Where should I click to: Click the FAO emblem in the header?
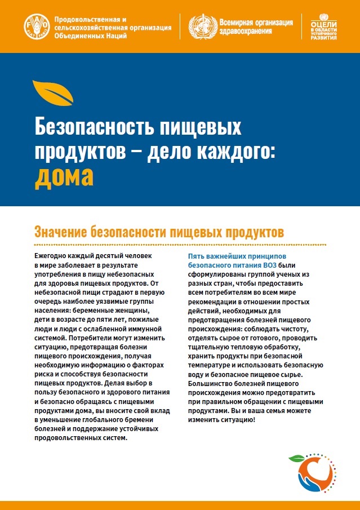[37, 26]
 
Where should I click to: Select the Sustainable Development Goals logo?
[323, 25]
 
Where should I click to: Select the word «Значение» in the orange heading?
[63, 232]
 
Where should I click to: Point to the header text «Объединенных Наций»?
[90, 35]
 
